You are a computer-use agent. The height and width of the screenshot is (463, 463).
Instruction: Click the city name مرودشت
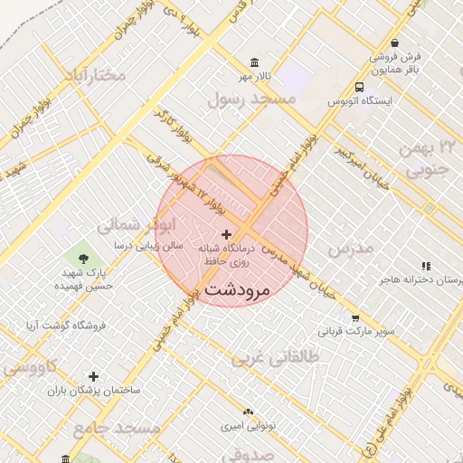click(x=238, y=290)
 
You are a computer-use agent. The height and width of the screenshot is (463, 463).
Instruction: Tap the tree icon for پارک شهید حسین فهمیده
click(x=83, y=258)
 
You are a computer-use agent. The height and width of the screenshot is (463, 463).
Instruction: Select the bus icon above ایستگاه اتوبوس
click(x=360, y=88)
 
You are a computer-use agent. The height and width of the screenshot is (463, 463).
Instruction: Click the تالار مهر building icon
click(x=255, y=62)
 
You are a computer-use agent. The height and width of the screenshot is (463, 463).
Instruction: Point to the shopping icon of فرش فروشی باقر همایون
click(x=395, y=43)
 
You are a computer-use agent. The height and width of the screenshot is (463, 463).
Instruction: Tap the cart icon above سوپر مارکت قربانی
click(x=355, y=318)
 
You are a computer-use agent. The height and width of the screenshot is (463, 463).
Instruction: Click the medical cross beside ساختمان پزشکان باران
click(x=93, y=376)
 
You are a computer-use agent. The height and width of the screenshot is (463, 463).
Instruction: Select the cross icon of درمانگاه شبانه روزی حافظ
click(x=226, y=234)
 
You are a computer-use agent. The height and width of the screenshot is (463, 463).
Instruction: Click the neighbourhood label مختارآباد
click(x=93, y=75)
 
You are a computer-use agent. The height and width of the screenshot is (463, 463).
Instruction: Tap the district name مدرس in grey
click(x=350, y=247)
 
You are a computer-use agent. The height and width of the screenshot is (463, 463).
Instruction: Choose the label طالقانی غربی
click(x=277, y=357)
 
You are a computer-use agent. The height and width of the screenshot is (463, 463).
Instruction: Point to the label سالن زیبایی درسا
click(x=147, y=245)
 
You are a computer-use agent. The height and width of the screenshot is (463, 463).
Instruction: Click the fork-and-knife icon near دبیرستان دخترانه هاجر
click(x=425, y=266)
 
